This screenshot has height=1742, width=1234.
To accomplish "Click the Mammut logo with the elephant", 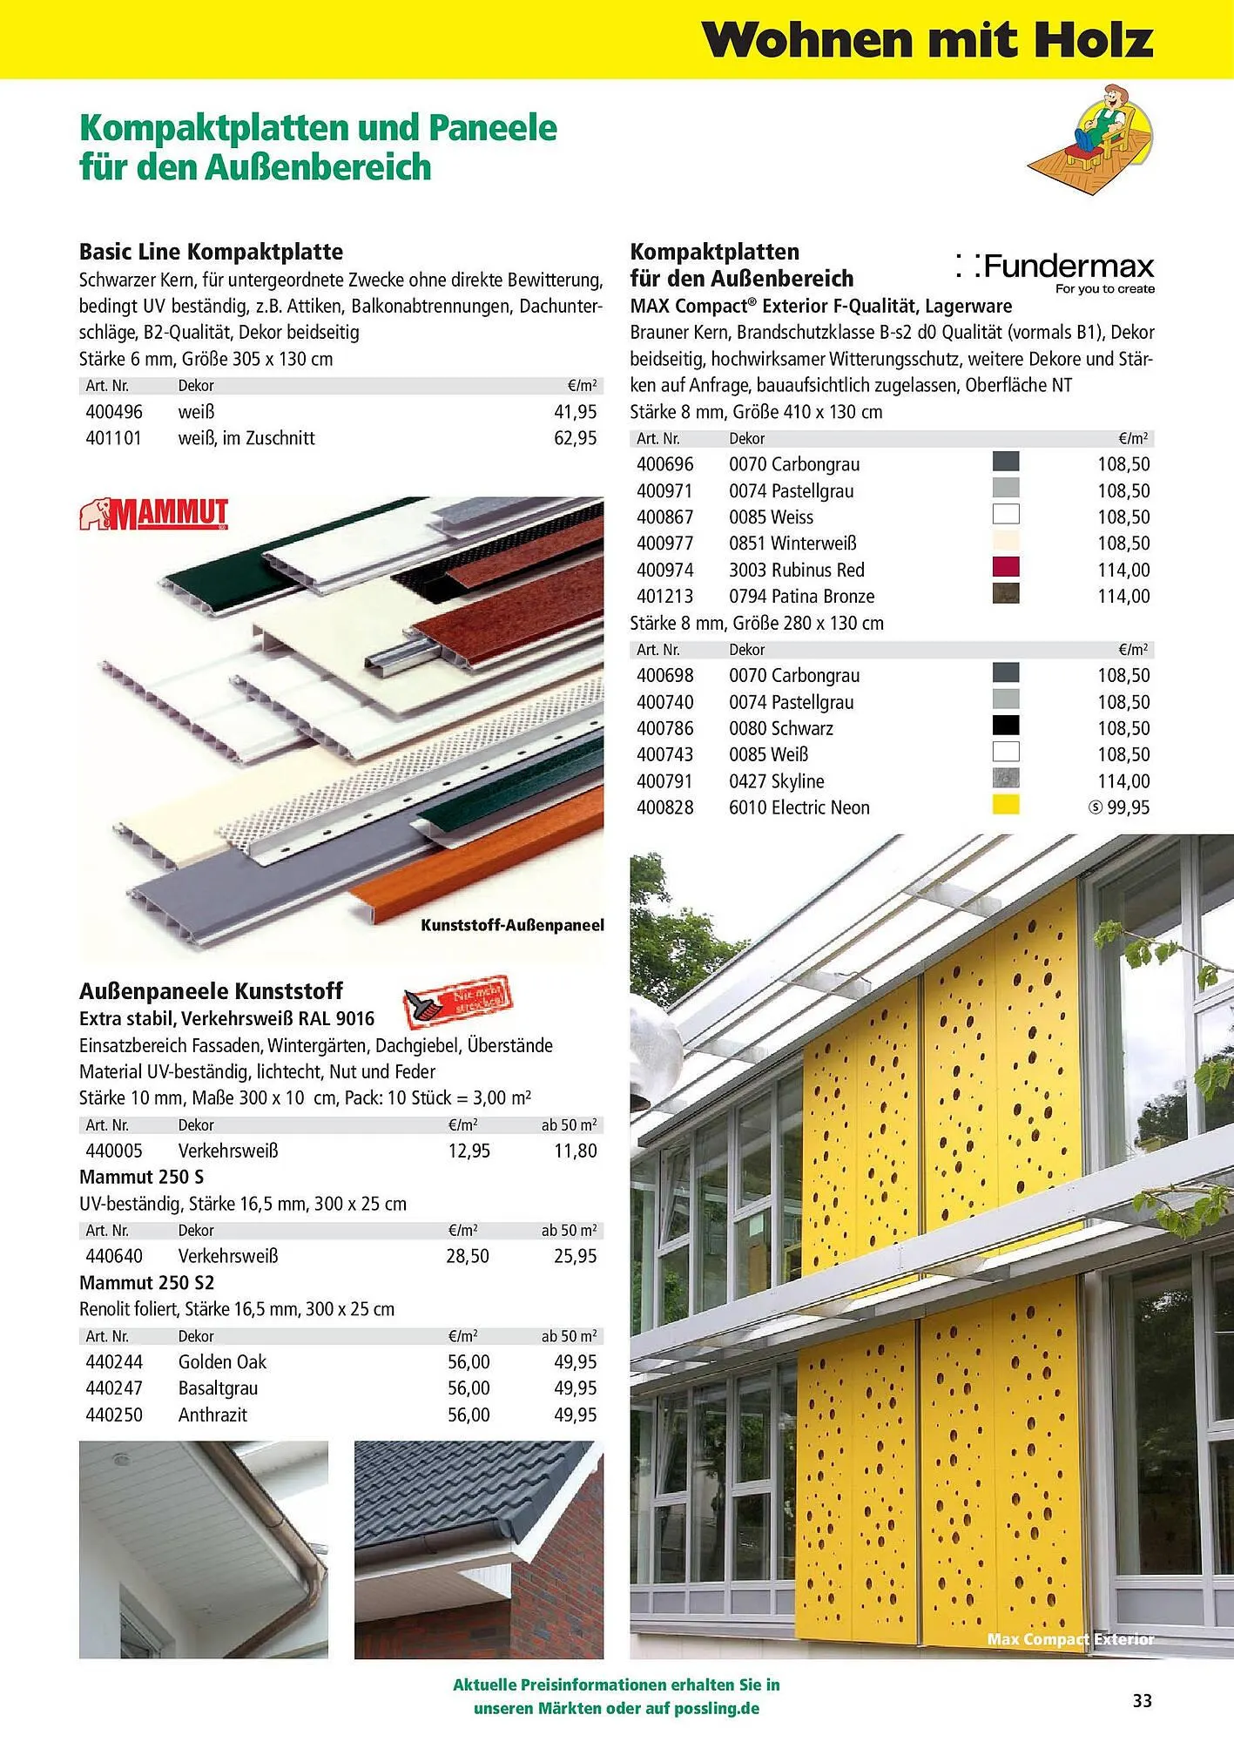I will (154, 514).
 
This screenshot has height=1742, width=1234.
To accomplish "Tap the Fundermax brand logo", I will (1055, 270).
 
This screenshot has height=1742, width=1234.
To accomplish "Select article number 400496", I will (114, 412).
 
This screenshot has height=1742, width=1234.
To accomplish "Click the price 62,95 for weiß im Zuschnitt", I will (576, 438).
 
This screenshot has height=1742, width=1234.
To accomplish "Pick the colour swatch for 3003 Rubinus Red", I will (1006, 568).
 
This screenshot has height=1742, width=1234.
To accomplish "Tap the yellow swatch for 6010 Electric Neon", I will (1006, 806).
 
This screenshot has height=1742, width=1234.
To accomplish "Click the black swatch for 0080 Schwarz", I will (1006, 726).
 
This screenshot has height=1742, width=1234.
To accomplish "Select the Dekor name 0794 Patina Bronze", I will (801, 597).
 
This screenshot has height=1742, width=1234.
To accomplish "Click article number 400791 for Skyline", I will (665, 781).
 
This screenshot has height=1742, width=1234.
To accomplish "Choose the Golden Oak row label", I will (222, 1362).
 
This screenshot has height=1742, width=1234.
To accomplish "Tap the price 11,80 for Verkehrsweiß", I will (576, 1151).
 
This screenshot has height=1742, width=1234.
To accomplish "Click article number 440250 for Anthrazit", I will (114, 1415).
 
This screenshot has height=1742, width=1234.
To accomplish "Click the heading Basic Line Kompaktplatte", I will (211, 252).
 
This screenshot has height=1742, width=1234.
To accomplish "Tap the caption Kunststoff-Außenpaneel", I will (512, 925).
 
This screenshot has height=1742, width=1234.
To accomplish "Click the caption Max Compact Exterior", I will (1070, 1640).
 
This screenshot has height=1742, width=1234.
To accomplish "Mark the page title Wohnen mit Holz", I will (927, 40).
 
